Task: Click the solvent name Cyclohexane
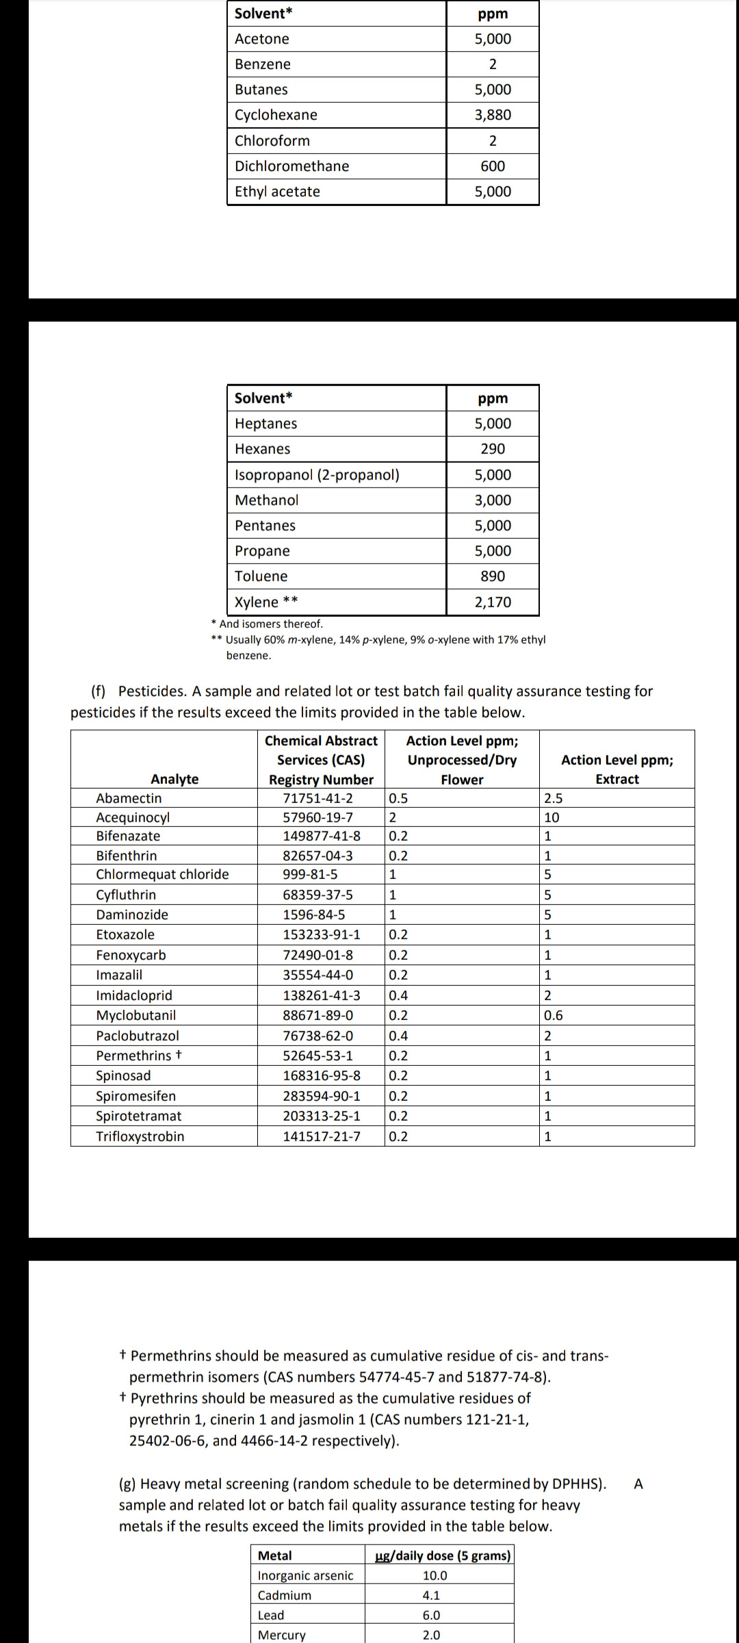276,115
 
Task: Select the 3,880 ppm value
493,115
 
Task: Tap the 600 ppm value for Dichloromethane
493,166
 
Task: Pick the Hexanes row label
262,449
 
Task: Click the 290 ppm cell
493,449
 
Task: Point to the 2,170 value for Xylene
493,602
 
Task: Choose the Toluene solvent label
261,576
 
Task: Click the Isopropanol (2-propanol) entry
317,475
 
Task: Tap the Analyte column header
174,779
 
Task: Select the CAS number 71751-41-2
318,798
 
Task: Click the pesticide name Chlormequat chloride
162,874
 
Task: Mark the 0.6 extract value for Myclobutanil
553,1015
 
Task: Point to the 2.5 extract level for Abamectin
553,798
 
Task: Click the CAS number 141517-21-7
322,1136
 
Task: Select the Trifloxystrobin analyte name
140,1136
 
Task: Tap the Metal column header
274,1555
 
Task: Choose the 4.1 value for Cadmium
431,1595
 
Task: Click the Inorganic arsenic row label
305,1575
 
